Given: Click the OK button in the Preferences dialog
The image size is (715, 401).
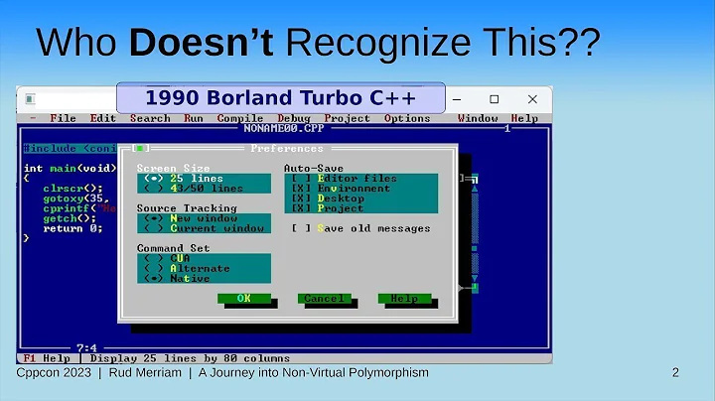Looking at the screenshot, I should (243, 298).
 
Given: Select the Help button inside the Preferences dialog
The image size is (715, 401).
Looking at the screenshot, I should (403, 298).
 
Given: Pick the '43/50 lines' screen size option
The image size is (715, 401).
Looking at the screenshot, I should (194, 188).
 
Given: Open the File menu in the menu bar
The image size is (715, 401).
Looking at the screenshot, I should (63, 118).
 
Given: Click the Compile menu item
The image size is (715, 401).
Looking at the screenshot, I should (240, 118).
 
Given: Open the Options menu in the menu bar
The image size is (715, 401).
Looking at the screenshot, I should (407, 118).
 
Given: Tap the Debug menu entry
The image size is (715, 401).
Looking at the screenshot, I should (293, 118).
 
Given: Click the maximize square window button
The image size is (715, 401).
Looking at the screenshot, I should (495, 99).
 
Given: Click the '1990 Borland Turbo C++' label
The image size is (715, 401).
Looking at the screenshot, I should (279, 98).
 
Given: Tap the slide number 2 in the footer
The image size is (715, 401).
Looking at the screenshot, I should (675, 373).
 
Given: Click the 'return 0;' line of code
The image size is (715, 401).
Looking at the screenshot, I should (71, 228).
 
